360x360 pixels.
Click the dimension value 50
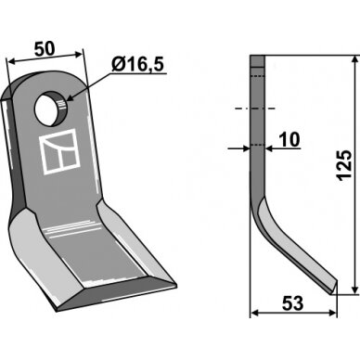click(45, 49)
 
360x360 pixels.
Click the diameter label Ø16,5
click(137, 65)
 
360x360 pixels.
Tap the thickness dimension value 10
click(290, 139)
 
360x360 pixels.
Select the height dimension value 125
click(344, 165)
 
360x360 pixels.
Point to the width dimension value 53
click(293, 303)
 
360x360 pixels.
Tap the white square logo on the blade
click(59, 151)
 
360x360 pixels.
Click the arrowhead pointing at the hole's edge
click(71, 97)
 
